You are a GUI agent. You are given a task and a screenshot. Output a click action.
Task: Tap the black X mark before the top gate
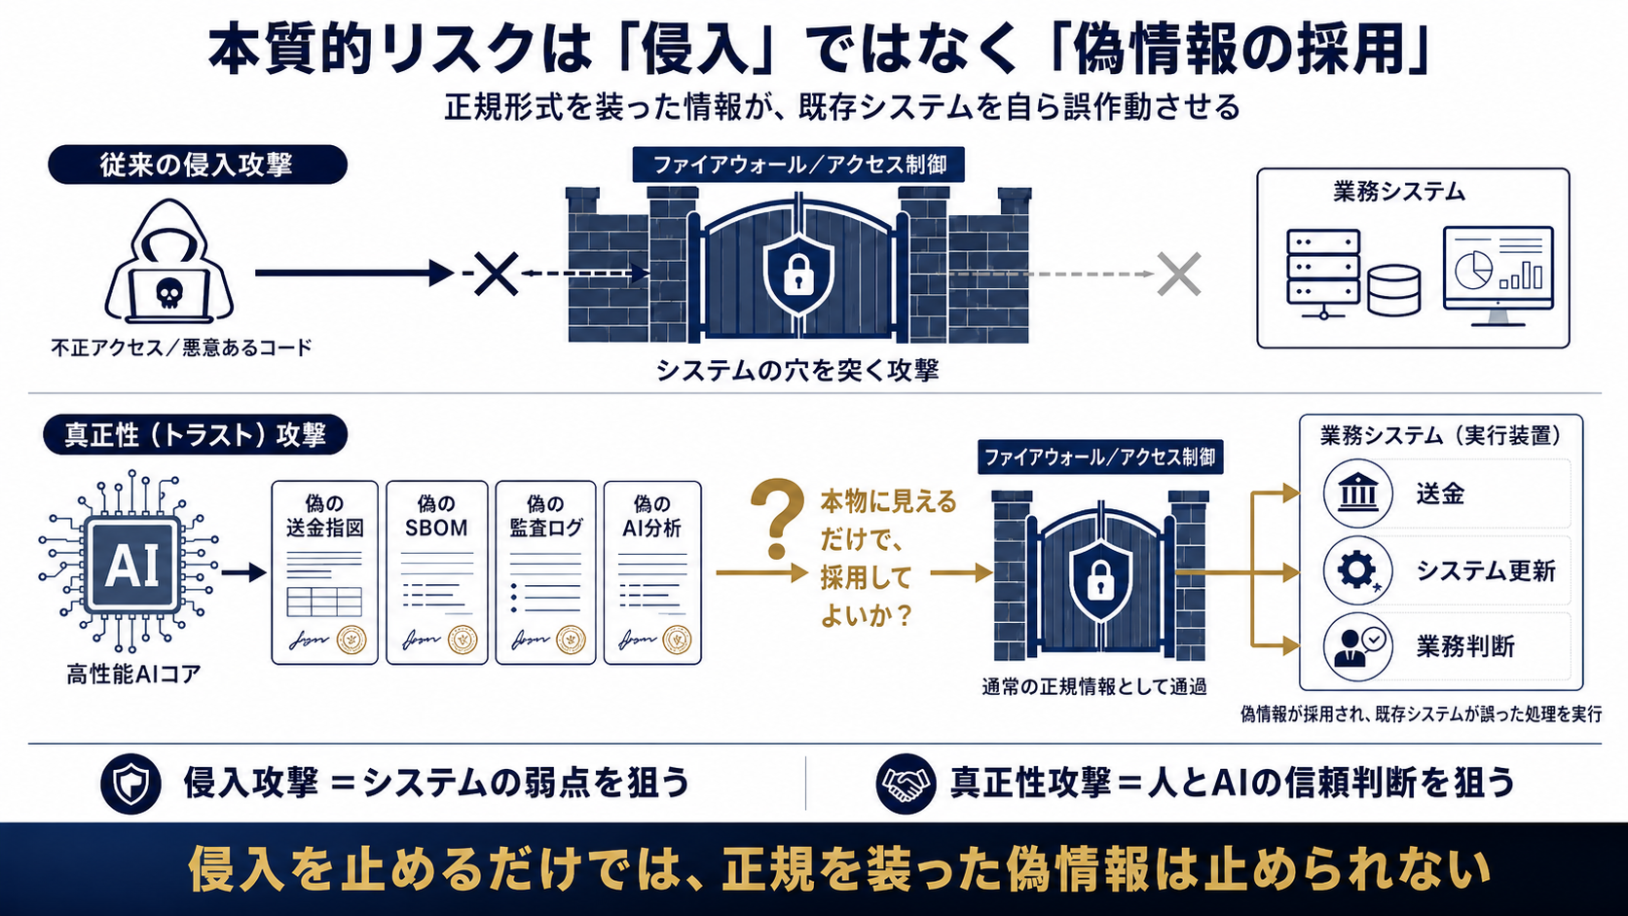497,274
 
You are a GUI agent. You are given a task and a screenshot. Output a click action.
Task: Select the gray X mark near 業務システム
1178,274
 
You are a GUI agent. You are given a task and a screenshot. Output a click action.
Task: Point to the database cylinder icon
1394,290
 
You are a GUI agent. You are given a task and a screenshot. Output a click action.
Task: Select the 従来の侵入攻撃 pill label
198,165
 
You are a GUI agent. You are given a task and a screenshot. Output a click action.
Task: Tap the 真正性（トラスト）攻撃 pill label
196,434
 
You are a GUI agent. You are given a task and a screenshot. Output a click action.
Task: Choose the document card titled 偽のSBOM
437,572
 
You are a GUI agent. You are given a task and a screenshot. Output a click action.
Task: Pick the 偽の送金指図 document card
325,572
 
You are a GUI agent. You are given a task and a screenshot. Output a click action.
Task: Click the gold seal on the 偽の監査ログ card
572,640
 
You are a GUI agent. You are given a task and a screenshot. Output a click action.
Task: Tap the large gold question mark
777,518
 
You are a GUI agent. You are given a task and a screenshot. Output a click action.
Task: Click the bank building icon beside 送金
1357,494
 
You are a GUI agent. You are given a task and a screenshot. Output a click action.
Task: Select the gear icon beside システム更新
1357,570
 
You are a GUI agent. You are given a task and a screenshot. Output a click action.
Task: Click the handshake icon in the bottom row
906,783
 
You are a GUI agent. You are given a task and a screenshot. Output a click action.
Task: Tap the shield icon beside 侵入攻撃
130,783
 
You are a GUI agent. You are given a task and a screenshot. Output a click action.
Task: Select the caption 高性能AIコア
133,675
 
